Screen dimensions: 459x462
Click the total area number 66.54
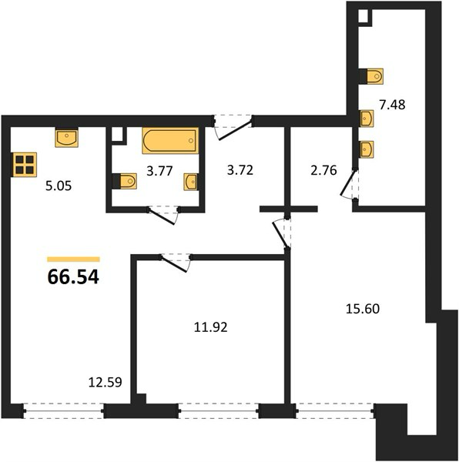pos(73,277)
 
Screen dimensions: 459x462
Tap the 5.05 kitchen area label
pos(59,186)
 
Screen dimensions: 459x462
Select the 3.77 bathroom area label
pos(159,171)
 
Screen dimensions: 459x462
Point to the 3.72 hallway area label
pos(240,170)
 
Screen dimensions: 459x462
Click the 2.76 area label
pos(323,170)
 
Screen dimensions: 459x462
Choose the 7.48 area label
pos(392,105)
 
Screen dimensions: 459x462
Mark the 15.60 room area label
pos(363,309)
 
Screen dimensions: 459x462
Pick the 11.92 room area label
pos(211,327)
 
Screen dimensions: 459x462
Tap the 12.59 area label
pos(106,383)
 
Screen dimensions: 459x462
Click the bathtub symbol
pos(170,141)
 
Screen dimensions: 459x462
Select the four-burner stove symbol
pos(25,165)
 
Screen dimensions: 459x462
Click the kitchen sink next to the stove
pos(66,138)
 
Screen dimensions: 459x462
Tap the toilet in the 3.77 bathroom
pos(125,181)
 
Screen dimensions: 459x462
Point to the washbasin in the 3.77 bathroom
pos(191,182)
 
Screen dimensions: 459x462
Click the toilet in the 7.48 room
pos(371,76)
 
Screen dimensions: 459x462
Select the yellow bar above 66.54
pos(73,259)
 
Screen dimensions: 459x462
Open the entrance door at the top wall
pos(233,128)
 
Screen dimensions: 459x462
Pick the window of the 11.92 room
pos(218,411)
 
